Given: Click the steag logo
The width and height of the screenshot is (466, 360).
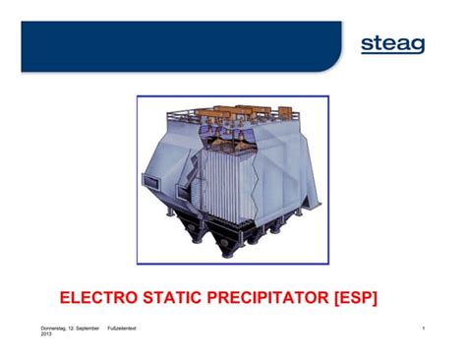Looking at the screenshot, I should (x=392, y=44).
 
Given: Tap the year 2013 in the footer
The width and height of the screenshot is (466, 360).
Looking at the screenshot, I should (x=46, y=334).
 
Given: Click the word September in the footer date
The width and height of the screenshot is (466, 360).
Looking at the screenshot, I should (x=89, y=327).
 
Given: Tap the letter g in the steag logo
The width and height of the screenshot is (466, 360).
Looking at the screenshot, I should (x=416, y=46).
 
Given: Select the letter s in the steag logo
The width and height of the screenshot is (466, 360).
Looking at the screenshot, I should (x=368, y=45).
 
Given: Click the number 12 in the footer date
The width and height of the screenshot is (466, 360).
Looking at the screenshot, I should (x=75, y=327).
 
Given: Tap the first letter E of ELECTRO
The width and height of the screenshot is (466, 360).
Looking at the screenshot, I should (x=66, y=296).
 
